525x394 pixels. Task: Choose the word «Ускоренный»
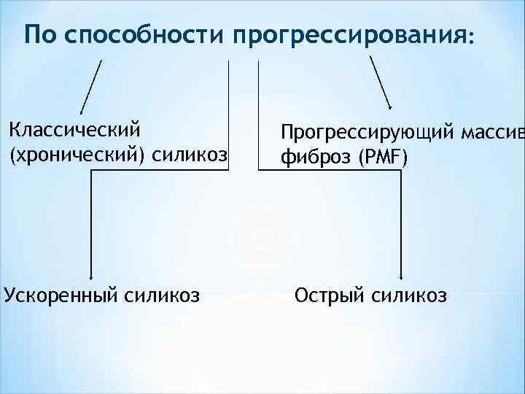[x=60, y=296]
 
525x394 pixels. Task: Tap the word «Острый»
[x=328, y=296]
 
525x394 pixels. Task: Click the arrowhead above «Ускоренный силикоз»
[x=90, y=277]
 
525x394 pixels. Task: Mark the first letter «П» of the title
[x=31, y=34]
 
